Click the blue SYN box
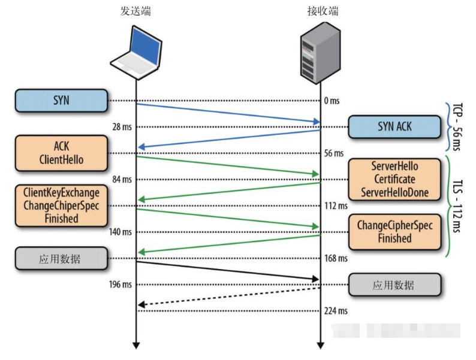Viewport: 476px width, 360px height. [x=61, y=101]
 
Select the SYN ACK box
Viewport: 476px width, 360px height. [x=394, y=127]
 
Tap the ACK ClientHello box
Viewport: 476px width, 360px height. [x=61, y=153]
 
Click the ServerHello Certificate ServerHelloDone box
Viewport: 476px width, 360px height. [x=394, y=179]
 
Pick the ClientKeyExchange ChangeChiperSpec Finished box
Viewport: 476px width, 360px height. [x=61, y=205]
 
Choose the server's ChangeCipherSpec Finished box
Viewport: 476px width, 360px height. [x=394, y=232]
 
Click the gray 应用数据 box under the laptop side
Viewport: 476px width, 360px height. [x=61, y=258]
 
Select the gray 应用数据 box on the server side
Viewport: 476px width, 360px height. [x=394, y=285]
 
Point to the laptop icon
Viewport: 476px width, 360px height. [x=136, y=53]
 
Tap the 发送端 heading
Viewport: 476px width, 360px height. [x=135, y=11]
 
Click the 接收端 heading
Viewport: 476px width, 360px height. [x=323, y=11]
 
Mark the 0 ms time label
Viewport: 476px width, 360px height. [x=332, y=101]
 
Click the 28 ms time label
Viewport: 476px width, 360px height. [x=122, y=127]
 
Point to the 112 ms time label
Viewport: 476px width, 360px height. [x=336, y=205]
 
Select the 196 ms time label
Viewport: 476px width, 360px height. [x=120, y=285]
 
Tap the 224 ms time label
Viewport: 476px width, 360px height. [x=336, y=311]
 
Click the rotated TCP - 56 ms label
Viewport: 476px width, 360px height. [x=457, y=127]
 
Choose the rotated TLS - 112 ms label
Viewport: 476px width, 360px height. [x=457, y=206]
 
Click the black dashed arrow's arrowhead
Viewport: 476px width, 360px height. [x=141, y=304]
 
